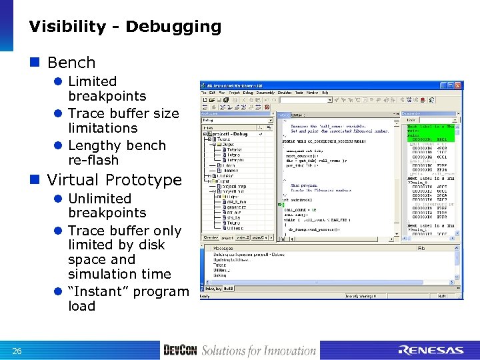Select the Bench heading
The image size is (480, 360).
pos(71,63)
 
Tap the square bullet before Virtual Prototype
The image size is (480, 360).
pos(39,180)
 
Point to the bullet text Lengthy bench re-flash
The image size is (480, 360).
pos(116,153)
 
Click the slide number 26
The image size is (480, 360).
pos(17,351)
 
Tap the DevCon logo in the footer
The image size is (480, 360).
pos(180,350)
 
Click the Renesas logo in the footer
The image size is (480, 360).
pos(430,350)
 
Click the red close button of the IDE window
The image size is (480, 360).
pos(458,85)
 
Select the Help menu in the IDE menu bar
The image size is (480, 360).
pos(325,93)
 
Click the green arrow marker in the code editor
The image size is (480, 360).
pos(281,205)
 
